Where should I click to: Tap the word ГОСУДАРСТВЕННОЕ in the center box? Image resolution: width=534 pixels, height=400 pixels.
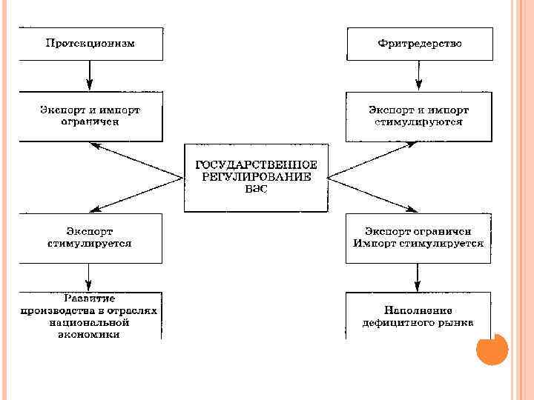[x=256, y=164]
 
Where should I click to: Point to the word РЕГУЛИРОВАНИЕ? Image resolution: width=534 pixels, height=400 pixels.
[x=256, y=176]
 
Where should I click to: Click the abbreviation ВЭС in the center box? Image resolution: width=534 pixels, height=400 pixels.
[x=255, y=189]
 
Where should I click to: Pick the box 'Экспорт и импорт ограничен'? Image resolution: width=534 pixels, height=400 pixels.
[x=90, y=116]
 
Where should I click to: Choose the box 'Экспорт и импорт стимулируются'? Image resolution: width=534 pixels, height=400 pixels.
[x=418, y=116]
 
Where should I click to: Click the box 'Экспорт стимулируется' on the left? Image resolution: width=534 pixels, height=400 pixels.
[x=90, y=237]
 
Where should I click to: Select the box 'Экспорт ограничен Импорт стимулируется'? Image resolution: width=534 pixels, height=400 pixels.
[x=418, y=237]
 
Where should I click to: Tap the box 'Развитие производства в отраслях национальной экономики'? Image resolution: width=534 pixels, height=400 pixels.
[x=90, y=316]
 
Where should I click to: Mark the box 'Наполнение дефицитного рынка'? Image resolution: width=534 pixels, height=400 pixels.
[x=418, y=316]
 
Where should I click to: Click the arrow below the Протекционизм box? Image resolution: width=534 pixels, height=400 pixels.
[x=90, y=74]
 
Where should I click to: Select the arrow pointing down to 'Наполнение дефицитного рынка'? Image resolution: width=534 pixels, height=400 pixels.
[x=418, y=276]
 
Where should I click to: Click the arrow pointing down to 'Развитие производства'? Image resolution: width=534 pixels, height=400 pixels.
[x=90, y=276]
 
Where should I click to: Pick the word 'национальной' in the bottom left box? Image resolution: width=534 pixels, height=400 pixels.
[x=90, y=323]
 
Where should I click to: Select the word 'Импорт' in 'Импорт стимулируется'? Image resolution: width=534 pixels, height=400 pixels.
[x=375, y=243]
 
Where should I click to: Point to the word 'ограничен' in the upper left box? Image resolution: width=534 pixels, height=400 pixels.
[x=90, y=121]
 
